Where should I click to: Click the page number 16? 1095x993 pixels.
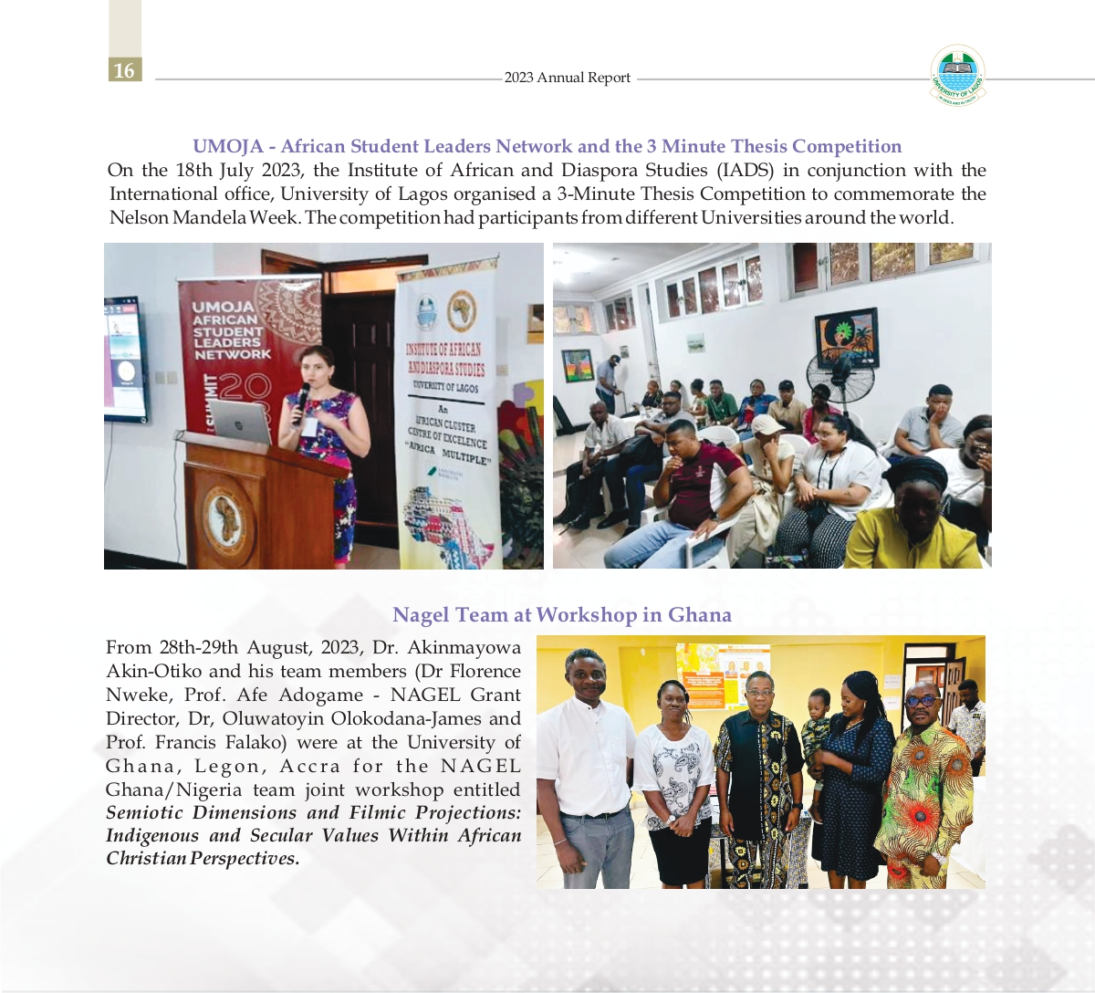(x=124, y=70)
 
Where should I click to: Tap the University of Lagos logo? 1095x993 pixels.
(x=957, y=74)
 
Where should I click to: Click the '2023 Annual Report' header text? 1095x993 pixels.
(x=567, y=78)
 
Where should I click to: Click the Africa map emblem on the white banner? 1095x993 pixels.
(x=463, y=311)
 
